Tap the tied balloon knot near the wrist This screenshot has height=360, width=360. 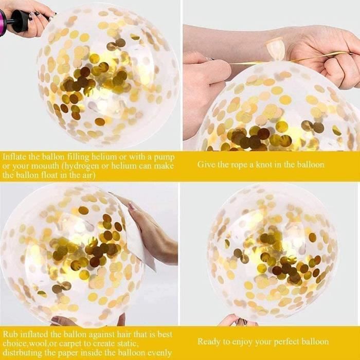point(276,49)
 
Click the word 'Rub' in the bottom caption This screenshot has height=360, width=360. point(10,334)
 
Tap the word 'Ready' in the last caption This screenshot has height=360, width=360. point(208,342)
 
